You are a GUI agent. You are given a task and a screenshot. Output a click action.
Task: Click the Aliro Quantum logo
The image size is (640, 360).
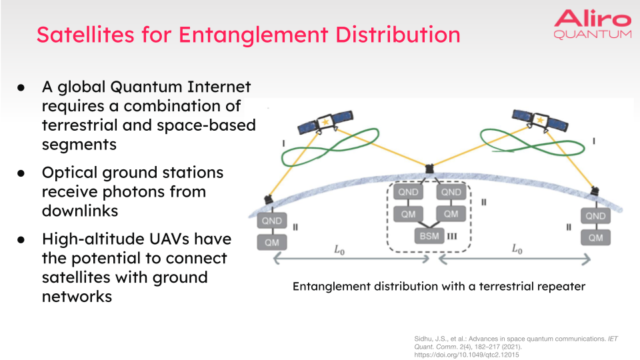[592, 24]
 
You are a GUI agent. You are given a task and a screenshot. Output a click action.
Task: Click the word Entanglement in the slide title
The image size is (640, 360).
[248, 34]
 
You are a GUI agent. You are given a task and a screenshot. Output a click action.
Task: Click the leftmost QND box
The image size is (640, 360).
[272, 221]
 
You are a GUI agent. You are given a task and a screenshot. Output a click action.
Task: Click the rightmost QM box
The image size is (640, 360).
[595, 237]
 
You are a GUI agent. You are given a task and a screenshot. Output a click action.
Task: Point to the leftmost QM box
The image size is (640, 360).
[272, 242]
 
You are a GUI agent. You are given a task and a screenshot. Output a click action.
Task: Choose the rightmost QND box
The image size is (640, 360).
[595, 215]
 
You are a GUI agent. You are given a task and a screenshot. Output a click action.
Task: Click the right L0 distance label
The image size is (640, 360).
[517, 249]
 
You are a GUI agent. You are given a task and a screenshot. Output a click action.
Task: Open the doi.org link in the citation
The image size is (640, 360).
[467, 355]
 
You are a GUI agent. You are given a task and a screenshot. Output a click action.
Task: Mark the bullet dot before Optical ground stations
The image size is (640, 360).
[21, 173]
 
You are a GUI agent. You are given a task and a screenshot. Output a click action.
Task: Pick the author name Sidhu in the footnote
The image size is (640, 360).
[425, 339]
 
